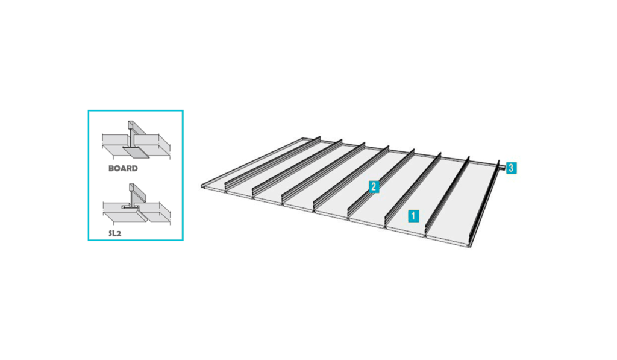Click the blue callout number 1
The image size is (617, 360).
click(413, 216)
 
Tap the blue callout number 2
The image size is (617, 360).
click(374, 187)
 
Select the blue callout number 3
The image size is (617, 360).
click(511, 168)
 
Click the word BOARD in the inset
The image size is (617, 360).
click(123, 169)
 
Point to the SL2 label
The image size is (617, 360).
click(115, 233)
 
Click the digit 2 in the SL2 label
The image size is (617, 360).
click(119, 233)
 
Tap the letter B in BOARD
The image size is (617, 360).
click(111, 169)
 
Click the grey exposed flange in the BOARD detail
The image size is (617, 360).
click(136, 151)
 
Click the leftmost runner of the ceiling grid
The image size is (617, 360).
click(272, 162)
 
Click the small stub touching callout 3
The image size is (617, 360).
click(503, 168)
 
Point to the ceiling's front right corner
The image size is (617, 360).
click(471, 247)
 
